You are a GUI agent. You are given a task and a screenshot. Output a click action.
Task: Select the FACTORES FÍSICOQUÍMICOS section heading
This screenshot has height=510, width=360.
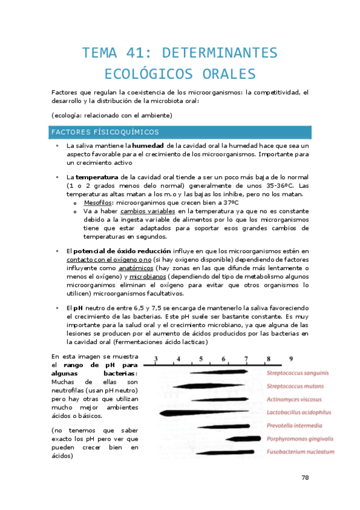click(105, 132)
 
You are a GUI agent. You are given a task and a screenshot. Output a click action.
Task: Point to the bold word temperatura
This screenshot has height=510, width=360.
click(97, 177)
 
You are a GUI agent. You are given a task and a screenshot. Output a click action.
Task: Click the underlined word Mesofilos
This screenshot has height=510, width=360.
click(97, 203)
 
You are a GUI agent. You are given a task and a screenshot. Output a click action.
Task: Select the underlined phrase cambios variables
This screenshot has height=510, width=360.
click(148, 212)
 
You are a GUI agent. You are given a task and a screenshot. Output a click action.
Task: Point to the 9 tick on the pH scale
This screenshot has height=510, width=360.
click(291, 359)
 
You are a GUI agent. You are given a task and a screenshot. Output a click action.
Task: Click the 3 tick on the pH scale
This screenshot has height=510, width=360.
click(156, 359)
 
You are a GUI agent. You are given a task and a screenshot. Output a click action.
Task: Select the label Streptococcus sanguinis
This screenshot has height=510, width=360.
click(297, 373)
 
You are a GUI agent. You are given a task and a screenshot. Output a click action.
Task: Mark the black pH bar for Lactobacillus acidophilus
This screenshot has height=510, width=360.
click(204, 413)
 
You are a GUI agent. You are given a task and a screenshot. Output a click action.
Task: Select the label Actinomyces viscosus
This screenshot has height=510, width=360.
click(294, 399)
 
